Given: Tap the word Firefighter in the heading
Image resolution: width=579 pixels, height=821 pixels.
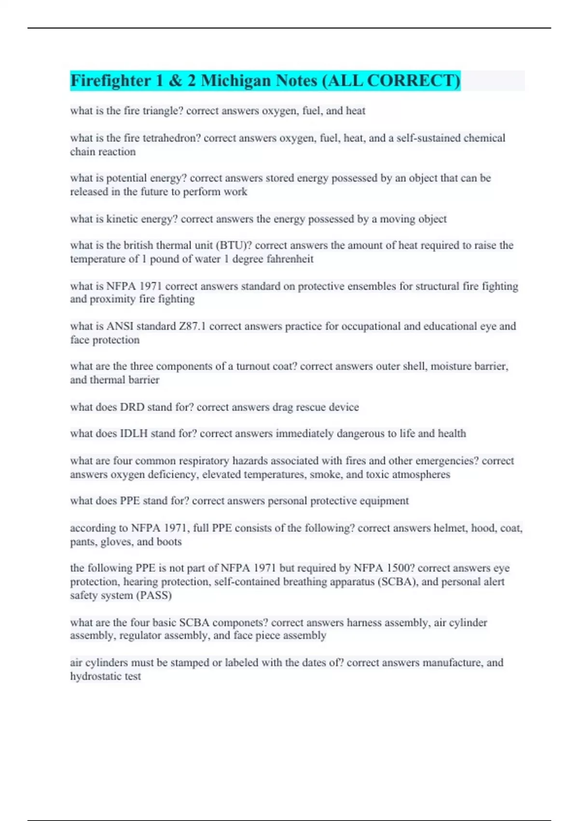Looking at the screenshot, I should pyautogui.click(x=110, y=81).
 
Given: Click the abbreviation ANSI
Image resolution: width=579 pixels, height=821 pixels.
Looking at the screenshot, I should pyautogui.click(x=120, y=326).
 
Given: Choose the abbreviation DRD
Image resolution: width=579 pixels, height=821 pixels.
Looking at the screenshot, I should pyautogui.click(x=132, y=407).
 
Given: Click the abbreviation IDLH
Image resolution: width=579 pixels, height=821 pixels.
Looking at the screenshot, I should pyautogui.click(x=134, y=434).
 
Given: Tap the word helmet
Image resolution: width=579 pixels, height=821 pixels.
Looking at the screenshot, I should pyautogui.click(x=450, y=528).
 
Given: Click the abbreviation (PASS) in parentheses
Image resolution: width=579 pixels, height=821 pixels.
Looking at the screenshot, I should pyautogui.click(x=154, y=595).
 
